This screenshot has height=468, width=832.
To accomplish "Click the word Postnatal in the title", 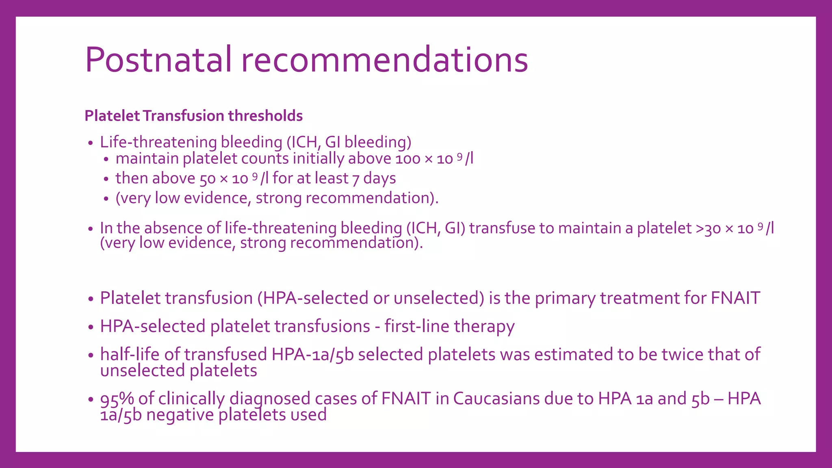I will pos(158,60).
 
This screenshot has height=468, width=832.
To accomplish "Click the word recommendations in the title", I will pos(384,60).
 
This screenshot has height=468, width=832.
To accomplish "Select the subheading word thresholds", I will pos(265,116).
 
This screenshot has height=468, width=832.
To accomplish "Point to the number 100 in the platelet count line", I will pos(407,159).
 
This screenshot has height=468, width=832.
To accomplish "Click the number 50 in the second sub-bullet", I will pos(207,179).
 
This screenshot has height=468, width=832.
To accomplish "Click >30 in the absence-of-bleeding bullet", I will pos(708,229).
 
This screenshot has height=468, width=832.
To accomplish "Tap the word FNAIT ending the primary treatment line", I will pos(735,298).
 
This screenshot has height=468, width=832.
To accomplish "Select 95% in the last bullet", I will pos(117,399).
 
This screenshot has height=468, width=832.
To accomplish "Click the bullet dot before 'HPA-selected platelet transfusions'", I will pos(91,327).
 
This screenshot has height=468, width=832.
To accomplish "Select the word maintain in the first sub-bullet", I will pos(147,159).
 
